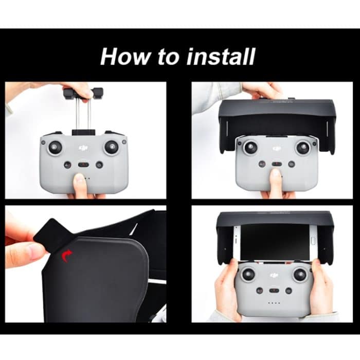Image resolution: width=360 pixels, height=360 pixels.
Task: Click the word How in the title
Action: click(122, 56)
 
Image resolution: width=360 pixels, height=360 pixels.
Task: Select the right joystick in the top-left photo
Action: click(111, 147)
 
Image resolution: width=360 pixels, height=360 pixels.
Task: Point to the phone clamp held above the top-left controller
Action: click(83, 94)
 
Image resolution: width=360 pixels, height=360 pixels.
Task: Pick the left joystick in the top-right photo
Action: click(250, 148)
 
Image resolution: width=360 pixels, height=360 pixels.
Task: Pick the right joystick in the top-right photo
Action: click(303, 148)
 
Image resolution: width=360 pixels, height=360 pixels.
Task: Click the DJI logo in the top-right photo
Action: click(277, 149)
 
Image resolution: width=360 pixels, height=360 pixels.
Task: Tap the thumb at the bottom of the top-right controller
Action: click(276, 181)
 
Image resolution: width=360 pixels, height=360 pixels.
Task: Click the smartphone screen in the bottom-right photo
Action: click(275, 242)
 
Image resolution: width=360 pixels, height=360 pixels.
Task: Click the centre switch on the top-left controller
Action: click(83, 165)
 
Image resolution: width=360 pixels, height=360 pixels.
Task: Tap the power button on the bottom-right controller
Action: click(289, 291)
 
